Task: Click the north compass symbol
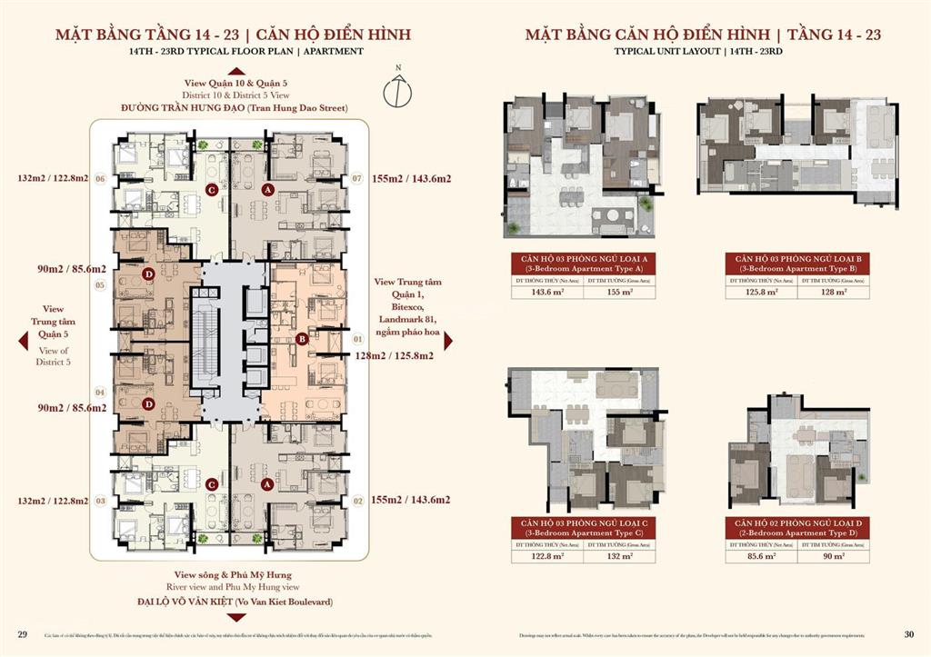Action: pyautogui.click(x=398, y=88)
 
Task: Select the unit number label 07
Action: pyautogui.click(x=357, y=178)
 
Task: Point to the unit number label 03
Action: pyautogui.click(x=100, y=501)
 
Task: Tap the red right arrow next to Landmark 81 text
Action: pyautogui.click(x=448, y=340)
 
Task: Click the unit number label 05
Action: pyautogui.click(x=100, y=285)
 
